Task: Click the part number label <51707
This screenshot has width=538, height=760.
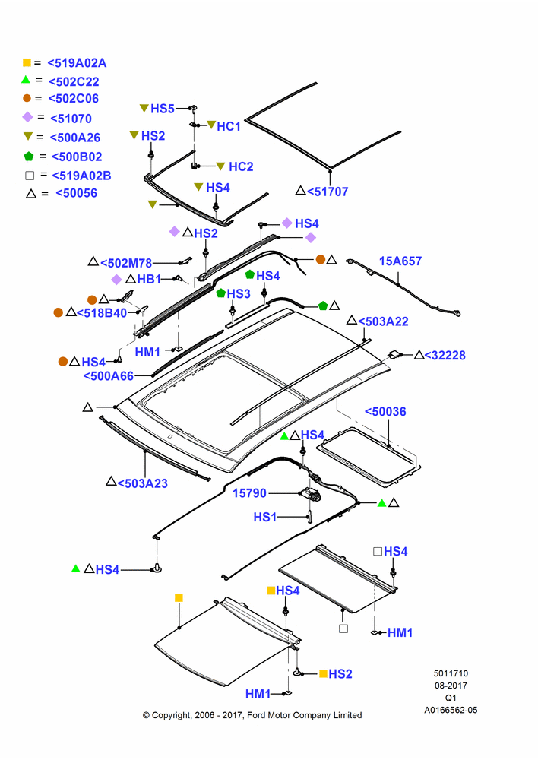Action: [x=328, y=192]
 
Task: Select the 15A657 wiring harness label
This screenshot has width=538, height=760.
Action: [x=400, y=261]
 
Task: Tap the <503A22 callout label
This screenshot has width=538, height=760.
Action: [x=383, y=321]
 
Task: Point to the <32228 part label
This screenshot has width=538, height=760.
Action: [x=445, y=355]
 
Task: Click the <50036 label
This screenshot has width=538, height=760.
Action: [x=385, y=411]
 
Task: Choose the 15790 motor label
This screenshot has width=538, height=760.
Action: [x=249, y=493]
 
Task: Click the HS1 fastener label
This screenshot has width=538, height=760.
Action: [x=264, y=517]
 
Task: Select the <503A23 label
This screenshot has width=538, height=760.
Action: [x=143, y=483]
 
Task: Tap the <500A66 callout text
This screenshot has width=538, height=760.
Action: [x=109, y=376]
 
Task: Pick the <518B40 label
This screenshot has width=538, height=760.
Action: [x=102, y=313]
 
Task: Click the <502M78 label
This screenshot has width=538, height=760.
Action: [x=126, y=263]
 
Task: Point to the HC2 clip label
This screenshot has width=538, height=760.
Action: [x=241, y=166]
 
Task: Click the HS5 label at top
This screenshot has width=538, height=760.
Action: [x=163, y=109]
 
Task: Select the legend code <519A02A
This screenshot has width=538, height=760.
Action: [x=77, y=63]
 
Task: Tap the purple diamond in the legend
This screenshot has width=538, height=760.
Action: [x=27, y=117]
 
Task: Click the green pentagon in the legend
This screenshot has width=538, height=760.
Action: [x=29, y=156]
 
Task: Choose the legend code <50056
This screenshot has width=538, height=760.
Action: [x=77, y=193]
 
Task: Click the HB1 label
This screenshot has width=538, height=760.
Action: [x=149, y=279]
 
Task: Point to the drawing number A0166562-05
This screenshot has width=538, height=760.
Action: [x=451, y=710]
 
